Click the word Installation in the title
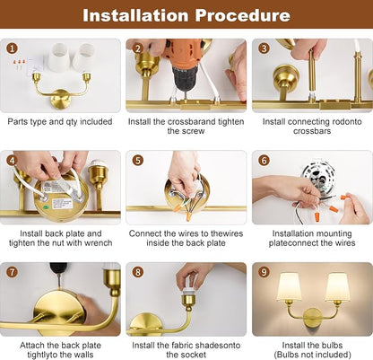point(136,15)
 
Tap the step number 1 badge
point(12,48)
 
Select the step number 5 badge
point(137,161)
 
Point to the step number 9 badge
point(264,272)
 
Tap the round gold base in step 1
point(61,99)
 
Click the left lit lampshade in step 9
point(290,286)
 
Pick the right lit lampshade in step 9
point(337,286)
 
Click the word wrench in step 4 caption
point(99,243)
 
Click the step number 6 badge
point(264,161)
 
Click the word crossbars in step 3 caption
point(312,131)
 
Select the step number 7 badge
point(12,272)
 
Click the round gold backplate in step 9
point(312,318)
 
